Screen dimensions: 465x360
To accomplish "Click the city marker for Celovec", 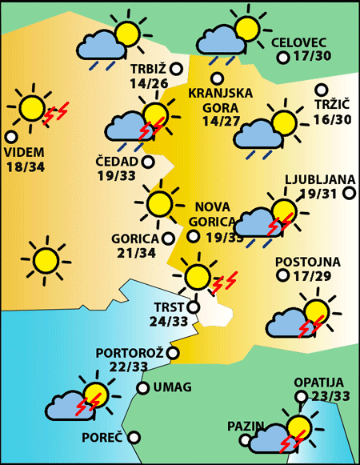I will point(282,58).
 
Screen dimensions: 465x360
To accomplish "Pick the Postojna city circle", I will point(282,275).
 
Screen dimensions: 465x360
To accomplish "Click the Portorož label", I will point(130,352).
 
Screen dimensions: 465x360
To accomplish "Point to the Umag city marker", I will point(142,388).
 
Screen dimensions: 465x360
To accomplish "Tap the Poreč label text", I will point(102,438).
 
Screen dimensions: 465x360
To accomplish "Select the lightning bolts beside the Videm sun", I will point(55,114).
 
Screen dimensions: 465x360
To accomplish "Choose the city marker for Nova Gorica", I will point(193,236).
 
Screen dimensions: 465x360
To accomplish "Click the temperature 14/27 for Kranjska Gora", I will point(222,121).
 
